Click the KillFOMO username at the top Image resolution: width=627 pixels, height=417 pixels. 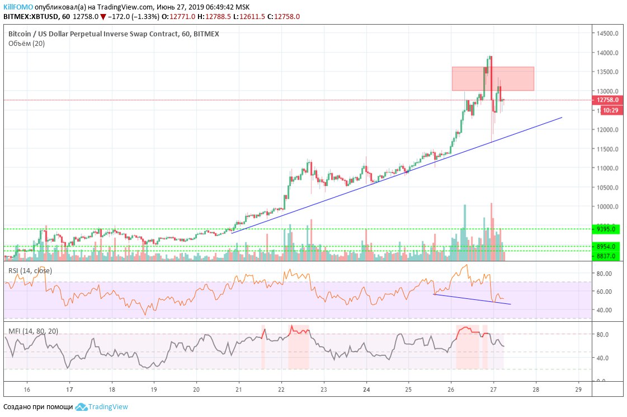(18, 6)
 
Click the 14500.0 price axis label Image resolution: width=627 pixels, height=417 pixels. (608, 34)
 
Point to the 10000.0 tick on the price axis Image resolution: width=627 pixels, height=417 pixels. (608, 207)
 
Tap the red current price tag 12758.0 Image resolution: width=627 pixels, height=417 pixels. (607, 100)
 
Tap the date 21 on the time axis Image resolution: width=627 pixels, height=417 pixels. (239, 390)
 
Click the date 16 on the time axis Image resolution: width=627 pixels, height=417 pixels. (27, 390)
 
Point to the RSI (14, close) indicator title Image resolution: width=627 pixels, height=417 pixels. (30, 271)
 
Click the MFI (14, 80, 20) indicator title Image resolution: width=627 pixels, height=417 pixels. (33, 331)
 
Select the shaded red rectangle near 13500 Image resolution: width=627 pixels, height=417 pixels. (493, 79)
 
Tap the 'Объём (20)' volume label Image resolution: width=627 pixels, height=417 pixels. (27, 44)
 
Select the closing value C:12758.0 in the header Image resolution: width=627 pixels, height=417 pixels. (284, 17)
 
